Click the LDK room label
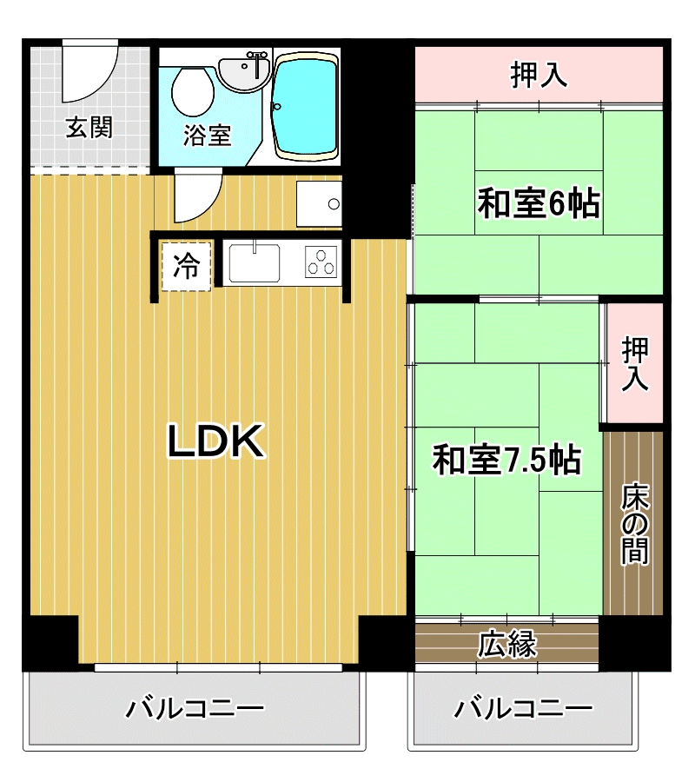click(215, 441)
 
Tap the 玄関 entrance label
click(89, 129)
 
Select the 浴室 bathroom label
click(208, 136)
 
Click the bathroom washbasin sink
click(244, 73)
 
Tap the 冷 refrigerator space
click(186, 267)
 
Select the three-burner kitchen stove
click(321, 262)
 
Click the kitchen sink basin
click(254, 262)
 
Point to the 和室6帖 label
click(539, 203)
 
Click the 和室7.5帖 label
click(506, 460)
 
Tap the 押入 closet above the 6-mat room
click(539, 76)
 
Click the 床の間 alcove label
click(635, 523)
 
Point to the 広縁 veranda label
click(507, 644)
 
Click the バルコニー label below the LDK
click(195, 708)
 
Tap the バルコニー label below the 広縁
click(524, 708)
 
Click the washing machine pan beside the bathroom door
click(319, 203)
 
